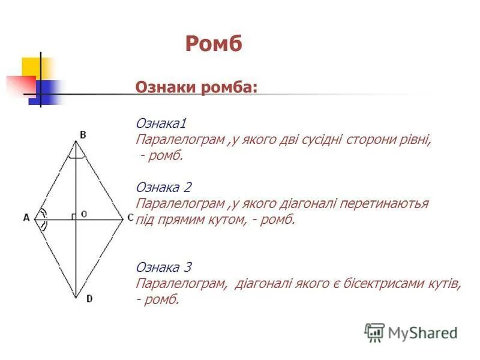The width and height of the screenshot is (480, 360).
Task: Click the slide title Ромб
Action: point(214,44)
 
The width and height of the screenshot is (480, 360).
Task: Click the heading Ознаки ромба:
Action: point(196,88)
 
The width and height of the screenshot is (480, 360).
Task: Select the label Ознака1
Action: point(161,124)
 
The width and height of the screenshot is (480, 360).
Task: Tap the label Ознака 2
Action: point(163,187)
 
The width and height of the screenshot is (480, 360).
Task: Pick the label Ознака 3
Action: point(163,267)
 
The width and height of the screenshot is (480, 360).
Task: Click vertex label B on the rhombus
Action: point(83,135)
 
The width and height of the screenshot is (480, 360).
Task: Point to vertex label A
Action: point(26,218)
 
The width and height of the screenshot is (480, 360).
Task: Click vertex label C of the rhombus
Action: point(130,218)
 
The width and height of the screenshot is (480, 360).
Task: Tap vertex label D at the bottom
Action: point(89,298)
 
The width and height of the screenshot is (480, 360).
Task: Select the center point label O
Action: point(84,214)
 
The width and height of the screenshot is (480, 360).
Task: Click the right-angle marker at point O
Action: point(72,216)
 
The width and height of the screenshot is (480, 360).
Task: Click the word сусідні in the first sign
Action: point(321,140)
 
